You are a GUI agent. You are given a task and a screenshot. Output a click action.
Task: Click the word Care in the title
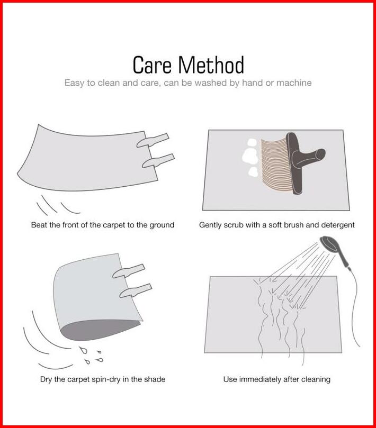coord(151,65)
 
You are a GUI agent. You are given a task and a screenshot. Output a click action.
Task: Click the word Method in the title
coord(211,65)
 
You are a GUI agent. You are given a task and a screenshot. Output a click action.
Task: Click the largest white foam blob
coord(250,156)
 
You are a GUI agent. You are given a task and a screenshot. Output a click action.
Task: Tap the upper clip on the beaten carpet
coord(153,140)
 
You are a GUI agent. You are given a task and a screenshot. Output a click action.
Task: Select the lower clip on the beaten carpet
coord(158,161)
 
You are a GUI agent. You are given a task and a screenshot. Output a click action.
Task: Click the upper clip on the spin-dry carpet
coord(129,271)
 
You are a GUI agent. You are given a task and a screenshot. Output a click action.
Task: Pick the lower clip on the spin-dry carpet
coord(136,290)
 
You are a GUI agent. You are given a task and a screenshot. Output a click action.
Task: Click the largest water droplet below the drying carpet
coord(83,350)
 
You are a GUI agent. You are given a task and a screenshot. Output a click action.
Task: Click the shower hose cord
coord(355,308)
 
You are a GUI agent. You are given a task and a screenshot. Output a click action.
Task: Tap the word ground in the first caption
coord(162,225)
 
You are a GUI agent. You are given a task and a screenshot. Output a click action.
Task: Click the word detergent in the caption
coord(338,225)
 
